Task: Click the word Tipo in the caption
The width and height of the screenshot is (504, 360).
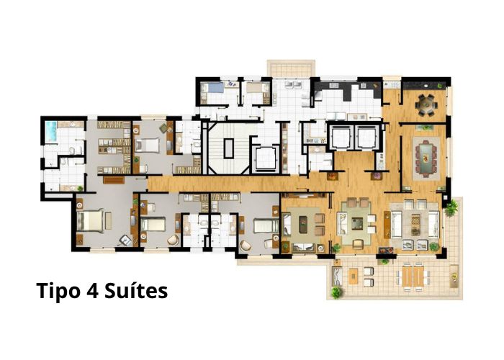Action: click(58, 291)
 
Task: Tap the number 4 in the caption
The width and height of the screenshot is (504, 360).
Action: click(91, 291)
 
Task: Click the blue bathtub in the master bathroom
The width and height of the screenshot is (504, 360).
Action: click(51, 132)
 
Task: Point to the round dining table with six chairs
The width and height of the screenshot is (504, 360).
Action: click(426, 104)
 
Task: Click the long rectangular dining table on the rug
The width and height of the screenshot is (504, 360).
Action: click(426, 158)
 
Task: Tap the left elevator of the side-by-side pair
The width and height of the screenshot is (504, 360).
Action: click(341, 138)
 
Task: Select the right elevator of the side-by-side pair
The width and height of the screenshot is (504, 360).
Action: click(366, 138)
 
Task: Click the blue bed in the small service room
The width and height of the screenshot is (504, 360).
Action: click(212, 87)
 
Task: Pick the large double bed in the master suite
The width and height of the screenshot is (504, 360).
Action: click(91, 221)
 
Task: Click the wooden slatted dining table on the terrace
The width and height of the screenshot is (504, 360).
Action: click(413, 276)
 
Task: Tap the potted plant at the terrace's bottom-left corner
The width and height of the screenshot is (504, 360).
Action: click(336, 292)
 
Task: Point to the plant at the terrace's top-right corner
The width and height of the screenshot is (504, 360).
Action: click(452, 207)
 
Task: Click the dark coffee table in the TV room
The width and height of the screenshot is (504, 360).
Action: click(303, 224)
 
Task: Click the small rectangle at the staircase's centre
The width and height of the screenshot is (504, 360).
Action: click(228, 148)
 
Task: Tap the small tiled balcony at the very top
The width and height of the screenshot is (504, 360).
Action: click(290, 68)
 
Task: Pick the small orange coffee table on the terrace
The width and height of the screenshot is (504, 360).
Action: click(354, 276)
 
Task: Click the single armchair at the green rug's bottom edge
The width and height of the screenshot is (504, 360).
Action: click(358, 244)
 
